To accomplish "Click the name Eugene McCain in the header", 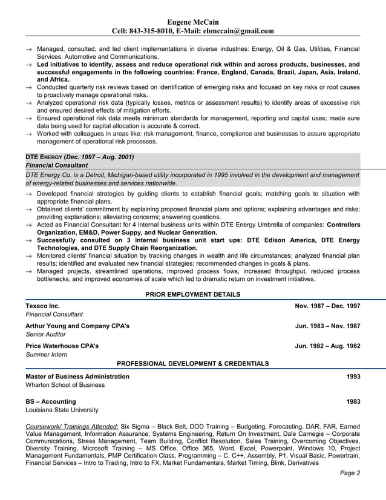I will (193, 22).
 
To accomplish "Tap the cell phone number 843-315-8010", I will (151, 31).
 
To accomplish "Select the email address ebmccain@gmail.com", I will (238, 31).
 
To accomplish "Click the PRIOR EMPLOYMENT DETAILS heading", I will (193, 294).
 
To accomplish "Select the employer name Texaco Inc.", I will (42, 306).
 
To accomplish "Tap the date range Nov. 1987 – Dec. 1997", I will (327, 306).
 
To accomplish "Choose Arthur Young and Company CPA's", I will (77, 326).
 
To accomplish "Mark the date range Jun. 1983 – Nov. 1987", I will (327, 326).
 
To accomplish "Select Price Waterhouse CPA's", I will (62, 346).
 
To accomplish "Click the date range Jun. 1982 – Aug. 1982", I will (327, 346).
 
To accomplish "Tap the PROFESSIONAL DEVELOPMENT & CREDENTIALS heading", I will (193, 363).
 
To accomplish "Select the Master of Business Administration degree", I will (77, 377).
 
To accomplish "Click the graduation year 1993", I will (353, 377).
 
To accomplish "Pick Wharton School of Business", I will (65, 385).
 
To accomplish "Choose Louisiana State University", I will (62, 410).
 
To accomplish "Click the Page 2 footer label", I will (350, 473).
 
